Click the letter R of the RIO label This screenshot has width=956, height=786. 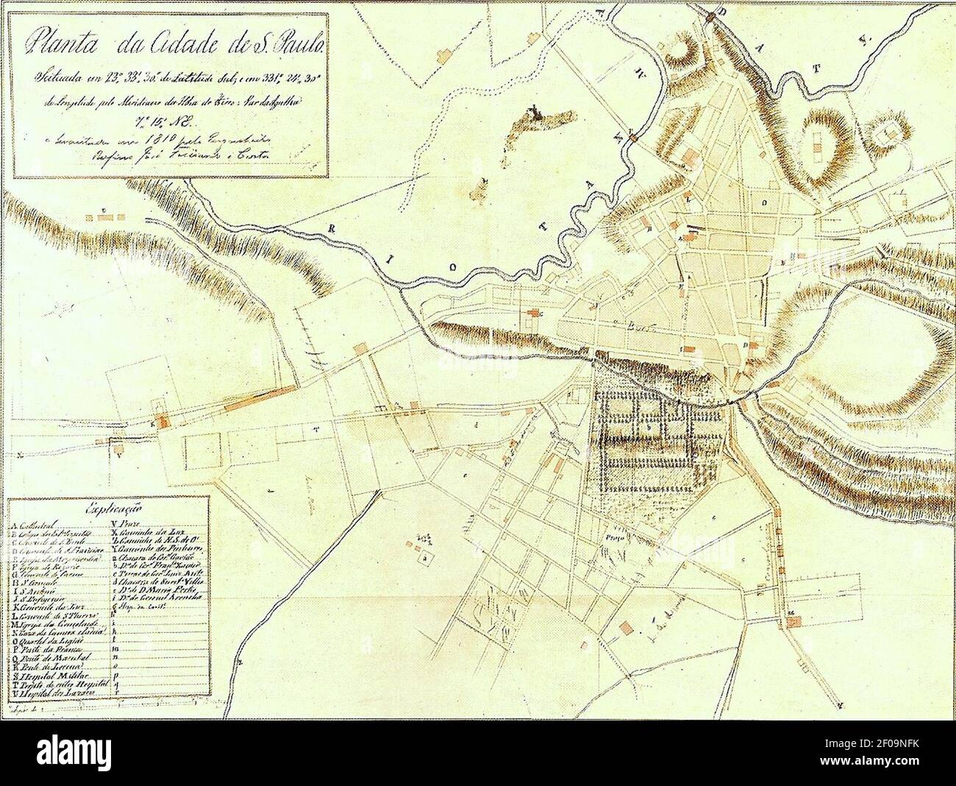(x=332, y=228)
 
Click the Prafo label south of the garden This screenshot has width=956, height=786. (x=614, y=538)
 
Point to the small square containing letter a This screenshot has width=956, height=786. (x=425, y=557)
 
